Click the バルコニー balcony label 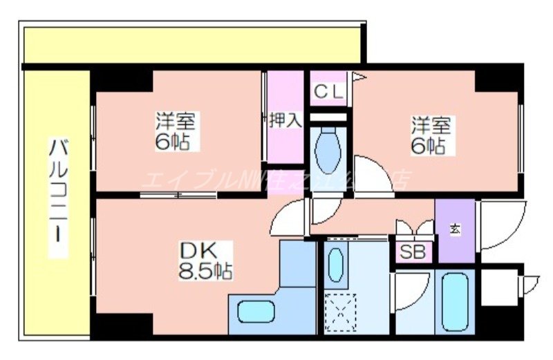(x=58, y=197)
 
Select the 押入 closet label (x=285, y=120)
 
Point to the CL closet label (x=328, y=91)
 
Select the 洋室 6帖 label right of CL (x=431, y=135)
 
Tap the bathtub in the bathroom (x=456, y=301)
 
